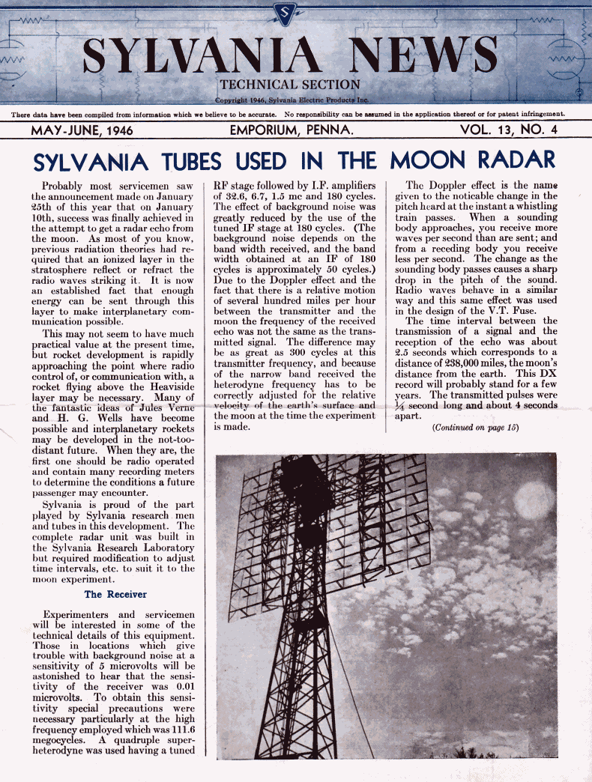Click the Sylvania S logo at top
tap(286, 13)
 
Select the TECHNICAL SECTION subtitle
tap(289, 85)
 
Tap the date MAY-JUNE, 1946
tap(82, 130)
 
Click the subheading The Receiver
tap(115, 594)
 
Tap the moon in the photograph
tap(534, 500)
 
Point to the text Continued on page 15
tap(475, 428)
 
